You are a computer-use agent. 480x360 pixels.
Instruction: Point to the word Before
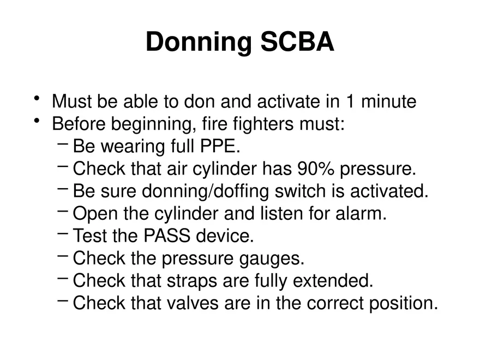(79, 124)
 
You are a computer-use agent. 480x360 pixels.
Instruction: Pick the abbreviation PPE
(219, 147)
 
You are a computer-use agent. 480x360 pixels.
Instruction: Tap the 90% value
(316, 169)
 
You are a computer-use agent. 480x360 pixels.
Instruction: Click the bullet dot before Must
(37, 99)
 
